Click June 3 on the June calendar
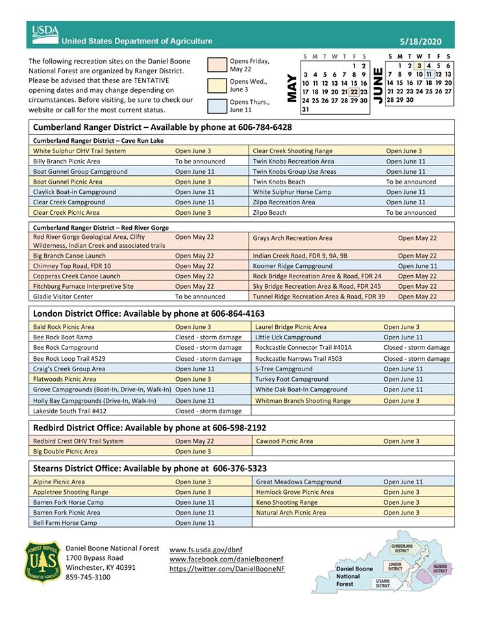coord(420,66)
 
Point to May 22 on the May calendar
coord(354,92)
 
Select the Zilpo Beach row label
coord(269,213)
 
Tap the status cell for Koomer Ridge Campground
coord(417,266)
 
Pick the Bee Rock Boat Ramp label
coord(63,337)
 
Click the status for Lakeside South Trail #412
coord(208,411)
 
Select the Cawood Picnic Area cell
coord(284,441)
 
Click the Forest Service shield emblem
coord(43,562)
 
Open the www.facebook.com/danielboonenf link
coord(227,559)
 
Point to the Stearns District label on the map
coord(383,583)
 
